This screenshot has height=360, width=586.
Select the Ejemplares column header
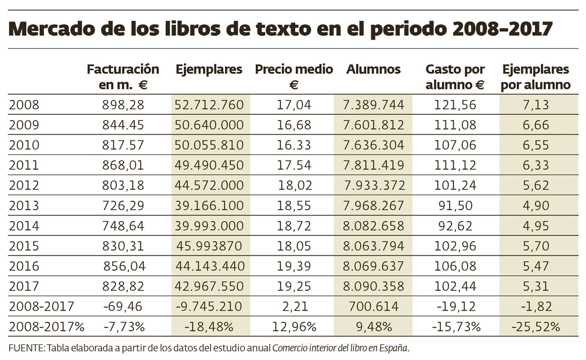209,70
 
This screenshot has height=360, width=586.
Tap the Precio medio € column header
294,77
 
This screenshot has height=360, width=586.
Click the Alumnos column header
373,70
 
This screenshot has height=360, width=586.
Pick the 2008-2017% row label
46,326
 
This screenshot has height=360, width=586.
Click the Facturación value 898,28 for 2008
123,105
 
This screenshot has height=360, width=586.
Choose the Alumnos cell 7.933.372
373,186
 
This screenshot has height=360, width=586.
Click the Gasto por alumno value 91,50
455,206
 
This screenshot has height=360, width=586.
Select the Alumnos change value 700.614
373,306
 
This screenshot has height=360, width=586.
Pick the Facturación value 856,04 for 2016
123,266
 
